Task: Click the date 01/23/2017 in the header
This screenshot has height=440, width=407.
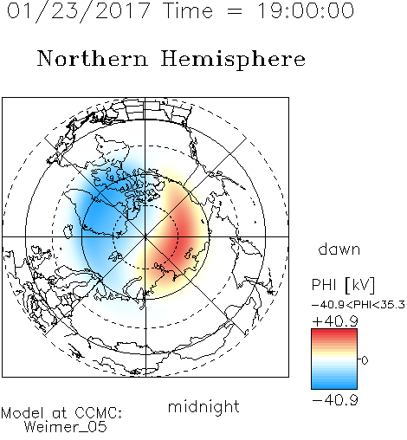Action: click(78, 11)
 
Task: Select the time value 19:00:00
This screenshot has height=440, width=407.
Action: click(306, 10)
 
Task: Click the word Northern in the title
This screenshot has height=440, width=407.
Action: click(93, 58)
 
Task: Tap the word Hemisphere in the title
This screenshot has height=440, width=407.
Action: click(233, 60)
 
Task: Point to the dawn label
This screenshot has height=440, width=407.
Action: click(339, 249)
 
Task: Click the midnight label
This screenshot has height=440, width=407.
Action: click(203, 406)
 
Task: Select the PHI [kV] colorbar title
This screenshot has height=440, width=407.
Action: click(343, 285)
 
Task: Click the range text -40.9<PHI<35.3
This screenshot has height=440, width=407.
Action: click(359, 305)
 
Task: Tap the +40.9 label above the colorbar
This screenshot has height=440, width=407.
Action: click(335, 321)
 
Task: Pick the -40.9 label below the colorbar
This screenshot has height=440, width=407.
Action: click(335, 400)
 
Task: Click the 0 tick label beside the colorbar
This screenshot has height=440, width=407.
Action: click(365, 360)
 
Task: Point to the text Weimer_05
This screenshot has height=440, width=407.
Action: click(66, 427)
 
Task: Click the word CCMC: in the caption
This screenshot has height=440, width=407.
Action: click(99, 413)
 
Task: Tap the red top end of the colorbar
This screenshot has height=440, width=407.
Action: click(334, 331)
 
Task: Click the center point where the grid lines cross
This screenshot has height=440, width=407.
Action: click(145, 237)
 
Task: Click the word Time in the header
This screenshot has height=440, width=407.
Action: click(188, 10)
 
